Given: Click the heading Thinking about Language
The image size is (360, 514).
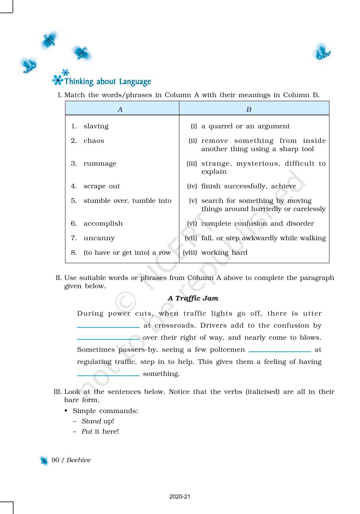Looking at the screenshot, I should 108,82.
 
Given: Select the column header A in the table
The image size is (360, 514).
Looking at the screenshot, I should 120,109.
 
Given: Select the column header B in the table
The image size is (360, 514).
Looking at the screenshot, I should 249,109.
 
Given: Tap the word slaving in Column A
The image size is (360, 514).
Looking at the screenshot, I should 96,126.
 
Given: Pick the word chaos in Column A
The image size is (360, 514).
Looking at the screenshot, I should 94,141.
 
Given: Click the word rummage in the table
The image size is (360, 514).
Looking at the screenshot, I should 100,163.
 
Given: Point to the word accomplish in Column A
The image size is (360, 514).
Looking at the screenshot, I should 103,223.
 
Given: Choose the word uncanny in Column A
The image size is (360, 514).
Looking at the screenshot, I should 99,238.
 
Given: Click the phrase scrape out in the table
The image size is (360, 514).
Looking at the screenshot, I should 101,186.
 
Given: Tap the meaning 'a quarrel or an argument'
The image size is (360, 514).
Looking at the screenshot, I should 245,126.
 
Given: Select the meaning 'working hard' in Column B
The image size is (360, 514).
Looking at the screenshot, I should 224,253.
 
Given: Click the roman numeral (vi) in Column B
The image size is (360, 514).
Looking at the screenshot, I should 192,223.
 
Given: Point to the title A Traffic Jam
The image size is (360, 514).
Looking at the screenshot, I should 193,298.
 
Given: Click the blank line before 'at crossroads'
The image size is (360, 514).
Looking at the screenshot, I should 108,326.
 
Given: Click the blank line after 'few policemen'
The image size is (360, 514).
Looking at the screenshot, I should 279,351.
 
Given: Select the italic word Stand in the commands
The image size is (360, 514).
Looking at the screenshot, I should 91,421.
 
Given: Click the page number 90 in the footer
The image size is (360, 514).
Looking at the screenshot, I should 55,460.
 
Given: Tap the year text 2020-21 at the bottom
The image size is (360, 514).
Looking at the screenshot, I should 180,497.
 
